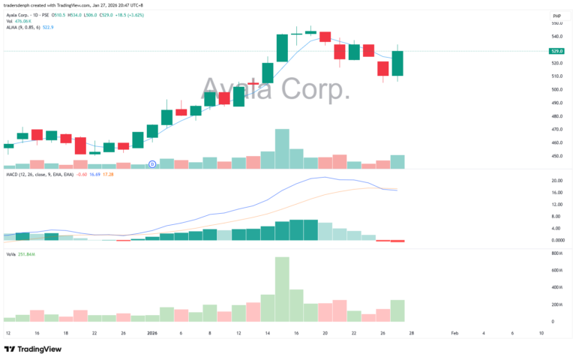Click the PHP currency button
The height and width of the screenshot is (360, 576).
point(556,15)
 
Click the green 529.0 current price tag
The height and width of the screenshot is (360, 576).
point(556,51)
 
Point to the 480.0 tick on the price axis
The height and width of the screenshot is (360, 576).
point(556,116)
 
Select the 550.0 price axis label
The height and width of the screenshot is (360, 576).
point(556,23)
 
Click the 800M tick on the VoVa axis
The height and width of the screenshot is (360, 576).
point(556,254)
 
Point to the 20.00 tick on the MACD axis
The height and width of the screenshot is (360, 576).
point(556,181)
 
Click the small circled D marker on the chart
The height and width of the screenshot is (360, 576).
point(152,163)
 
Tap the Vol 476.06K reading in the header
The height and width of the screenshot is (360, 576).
point(22,21)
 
